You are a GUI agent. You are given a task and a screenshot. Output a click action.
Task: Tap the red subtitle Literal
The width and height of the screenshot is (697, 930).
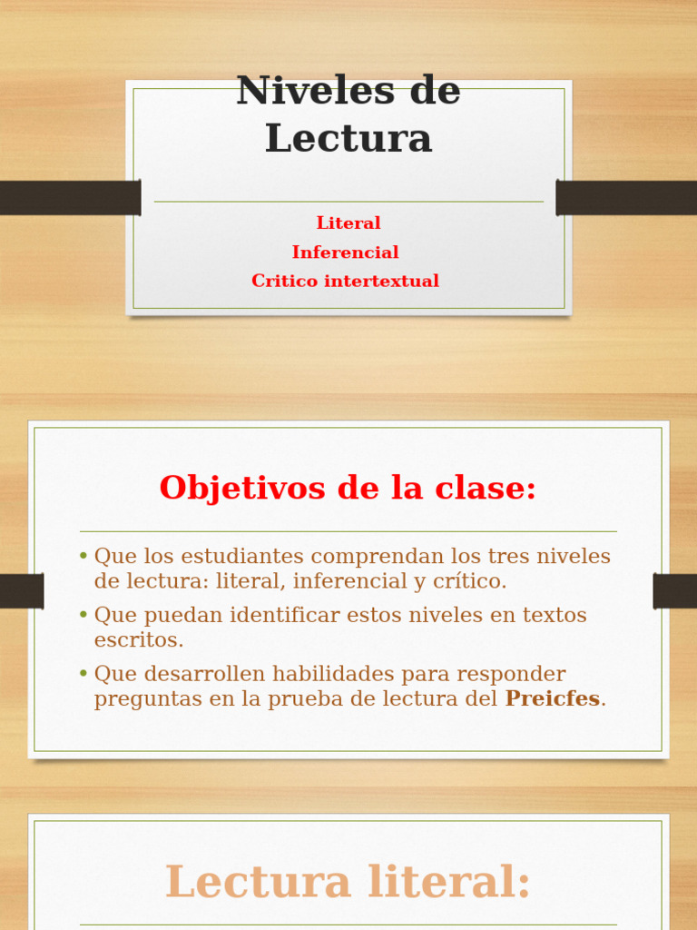[348, 223]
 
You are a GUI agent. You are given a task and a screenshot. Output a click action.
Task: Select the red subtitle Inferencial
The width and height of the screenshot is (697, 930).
[345, 252]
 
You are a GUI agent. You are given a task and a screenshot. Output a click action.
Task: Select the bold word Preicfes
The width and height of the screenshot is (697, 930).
[554, 699]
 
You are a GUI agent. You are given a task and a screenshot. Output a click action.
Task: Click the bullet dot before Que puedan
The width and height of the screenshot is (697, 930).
[83, 615]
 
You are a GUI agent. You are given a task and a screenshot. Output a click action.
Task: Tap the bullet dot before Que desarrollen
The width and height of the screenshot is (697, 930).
[83, 674]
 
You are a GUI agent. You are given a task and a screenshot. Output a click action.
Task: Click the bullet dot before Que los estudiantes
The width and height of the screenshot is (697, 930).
[83, 556]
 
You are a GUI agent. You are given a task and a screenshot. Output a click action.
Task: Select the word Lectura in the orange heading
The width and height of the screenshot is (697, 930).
[258, 883]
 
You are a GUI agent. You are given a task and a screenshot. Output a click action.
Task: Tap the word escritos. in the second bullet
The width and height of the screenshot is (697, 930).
[139, 639]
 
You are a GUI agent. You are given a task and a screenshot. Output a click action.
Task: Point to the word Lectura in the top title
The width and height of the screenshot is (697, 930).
[348, 139]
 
